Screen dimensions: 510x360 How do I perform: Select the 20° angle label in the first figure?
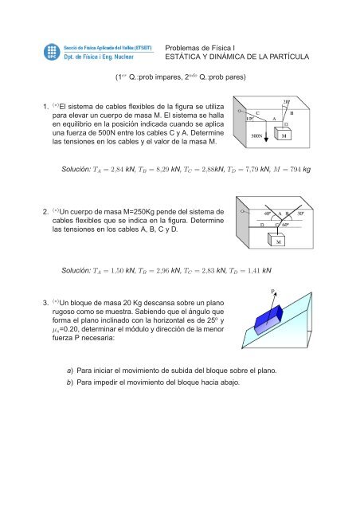click(286, 101)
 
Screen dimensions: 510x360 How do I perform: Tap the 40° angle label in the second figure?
click(267, 214)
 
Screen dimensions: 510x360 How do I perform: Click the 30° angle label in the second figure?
click(300, 214)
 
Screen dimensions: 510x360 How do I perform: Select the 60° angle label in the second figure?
click(284, 226)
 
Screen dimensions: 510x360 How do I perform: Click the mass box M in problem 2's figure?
click(278, 241)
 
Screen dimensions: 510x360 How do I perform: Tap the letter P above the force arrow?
click(273, 292)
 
